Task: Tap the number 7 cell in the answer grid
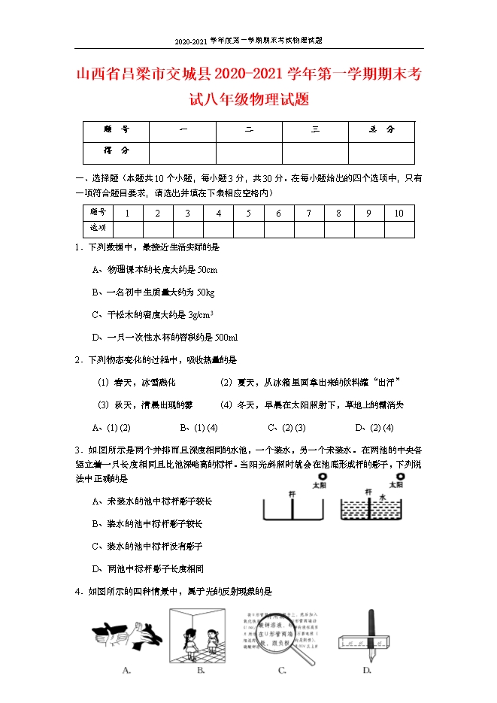pos(308,214)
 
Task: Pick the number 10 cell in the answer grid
pos(399,214)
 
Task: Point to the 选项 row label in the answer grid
pos(98,228)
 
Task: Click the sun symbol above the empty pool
pos(322,476)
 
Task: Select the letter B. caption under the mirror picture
pos(201,669)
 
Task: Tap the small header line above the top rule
pos(248,40)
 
